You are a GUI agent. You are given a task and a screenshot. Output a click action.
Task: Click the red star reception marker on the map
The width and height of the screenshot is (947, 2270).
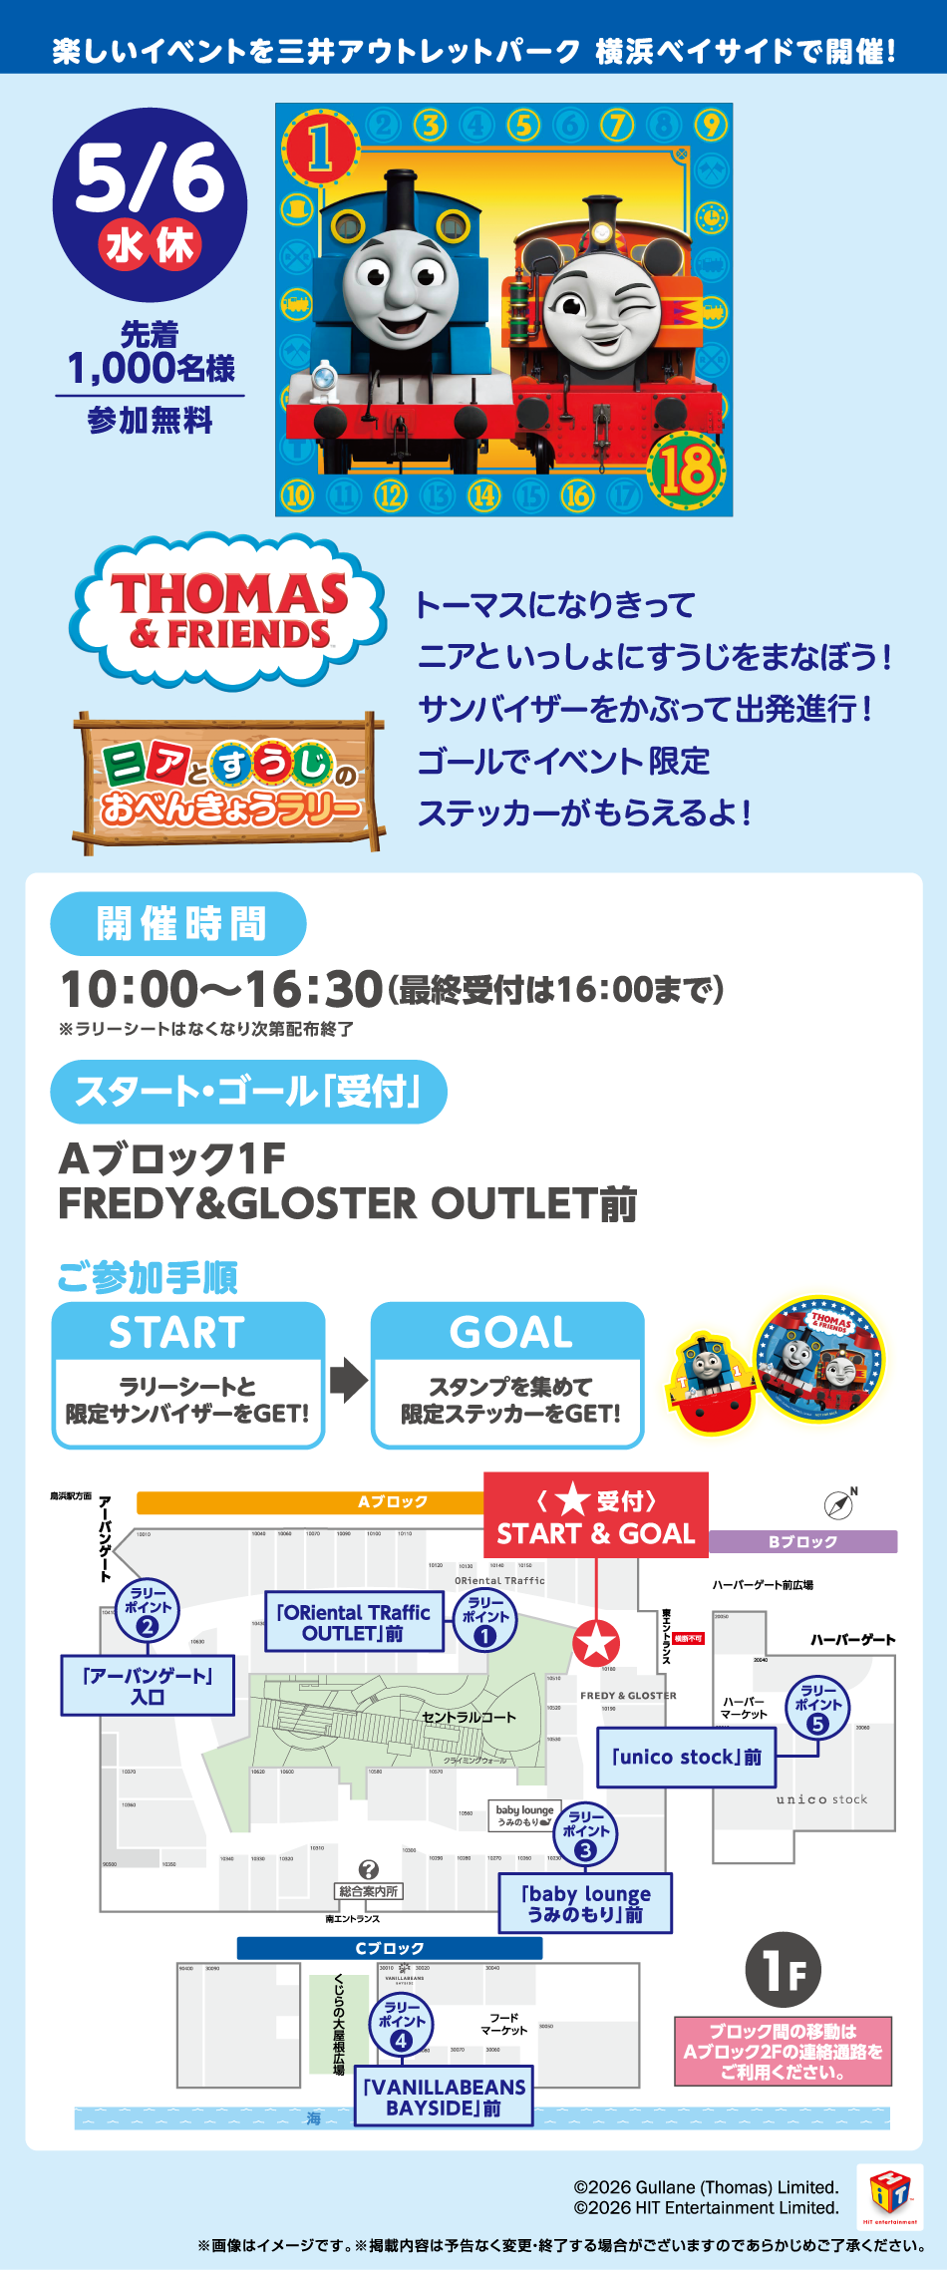tap(596, 1644)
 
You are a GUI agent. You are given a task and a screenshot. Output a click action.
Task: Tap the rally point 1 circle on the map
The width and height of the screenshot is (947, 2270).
tap(484, 1621)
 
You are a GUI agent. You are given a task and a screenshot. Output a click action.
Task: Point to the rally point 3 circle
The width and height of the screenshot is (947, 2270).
tap(585, 1834)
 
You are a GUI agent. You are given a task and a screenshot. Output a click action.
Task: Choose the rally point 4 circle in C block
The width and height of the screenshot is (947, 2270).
tap(401, 2024)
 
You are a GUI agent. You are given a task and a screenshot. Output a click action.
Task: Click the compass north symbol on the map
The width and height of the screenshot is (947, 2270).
tap(840, 1504)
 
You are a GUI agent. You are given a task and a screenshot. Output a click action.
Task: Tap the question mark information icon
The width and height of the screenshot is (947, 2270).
tap(368, 1869)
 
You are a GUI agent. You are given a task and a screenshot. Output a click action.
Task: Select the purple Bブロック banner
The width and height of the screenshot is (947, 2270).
tap(802, 1541)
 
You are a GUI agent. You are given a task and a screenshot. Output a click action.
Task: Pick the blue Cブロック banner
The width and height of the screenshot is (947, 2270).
tap(390, 1948)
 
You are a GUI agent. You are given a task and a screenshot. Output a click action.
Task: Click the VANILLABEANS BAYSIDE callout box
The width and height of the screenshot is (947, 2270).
tap(444, 2098)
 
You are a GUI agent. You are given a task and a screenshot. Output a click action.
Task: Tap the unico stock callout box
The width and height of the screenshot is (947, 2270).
tap(687, 1757)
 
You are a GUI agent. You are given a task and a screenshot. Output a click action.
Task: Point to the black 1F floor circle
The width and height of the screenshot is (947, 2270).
tap(784, 1970)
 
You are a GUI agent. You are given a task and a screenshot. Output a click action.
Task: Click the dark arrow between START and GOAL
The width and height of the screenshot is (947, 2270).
tap(348, 1380)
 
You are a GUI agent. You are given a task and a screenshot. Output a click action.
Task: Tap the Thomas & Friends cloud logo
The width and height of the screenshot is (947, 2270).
tap(228, 610)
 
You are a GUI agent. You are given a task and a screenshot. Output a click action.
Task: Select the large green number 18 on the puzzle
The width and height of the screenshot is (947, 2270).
tap(686, 469)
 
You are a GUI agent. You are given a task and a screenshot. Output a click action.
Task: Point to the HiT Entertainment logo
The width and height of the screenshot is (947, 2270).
tap(889, 2196)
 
